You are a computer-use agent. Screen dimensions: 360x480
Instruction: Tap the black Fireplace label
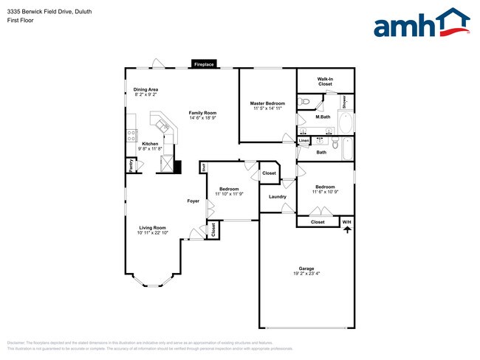(204, 65)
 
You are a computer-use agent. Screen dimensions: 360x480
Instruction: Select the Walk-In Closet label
(325, 81)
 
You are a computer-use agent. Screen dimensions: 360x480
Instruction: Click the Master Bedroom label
(268, 103)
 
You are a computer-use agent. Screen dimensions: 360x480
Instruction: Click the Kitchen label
(150, 144)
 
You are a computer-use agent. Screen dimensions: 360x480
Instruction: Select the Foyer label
(193, 201)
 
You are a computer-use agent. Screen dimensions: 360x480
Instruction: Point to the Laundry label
(278, 196)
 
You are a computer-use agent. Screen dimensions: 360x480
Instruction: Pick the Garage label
(306, 269)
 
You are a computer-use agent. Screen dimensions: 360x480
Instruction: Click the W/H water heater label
(346, 221)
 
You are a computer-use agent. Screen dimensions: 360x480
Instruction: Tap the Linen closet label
(304, 140)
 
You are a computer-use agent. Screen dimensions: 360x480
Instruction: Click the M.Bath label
(323, 117)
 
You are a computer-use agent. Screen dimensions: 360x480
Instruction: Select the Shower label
(343, 103)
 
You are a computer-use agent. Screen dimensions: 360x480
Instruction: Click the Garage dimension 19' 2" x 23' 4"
(306, 274)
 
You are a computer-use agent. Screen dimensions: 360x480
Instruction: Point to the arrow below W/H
(346, 230)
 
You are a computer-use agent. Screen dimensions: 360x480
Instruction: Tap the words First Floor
(20, 20)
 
